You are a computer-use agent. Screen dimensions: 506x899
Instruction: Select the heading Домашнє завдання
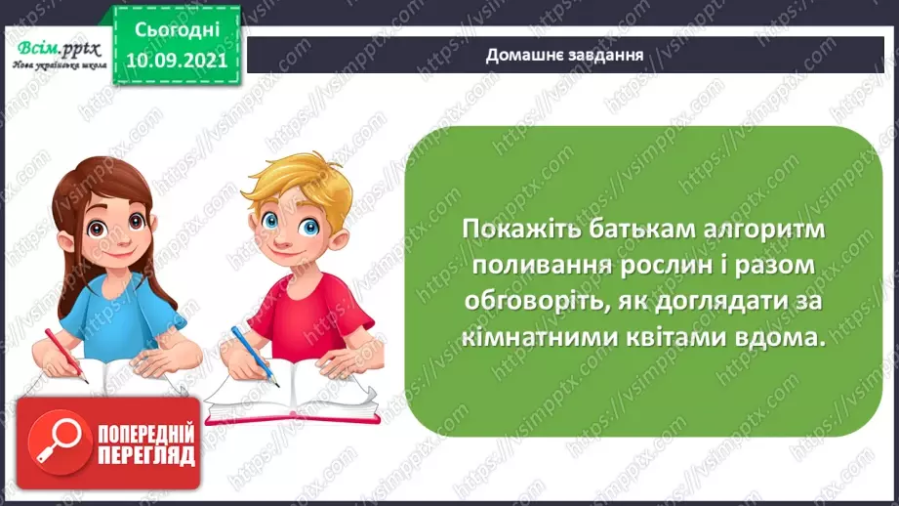(564, 54)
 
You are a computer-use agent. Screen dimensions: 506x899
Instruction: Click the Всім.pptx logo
(54, 49)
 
